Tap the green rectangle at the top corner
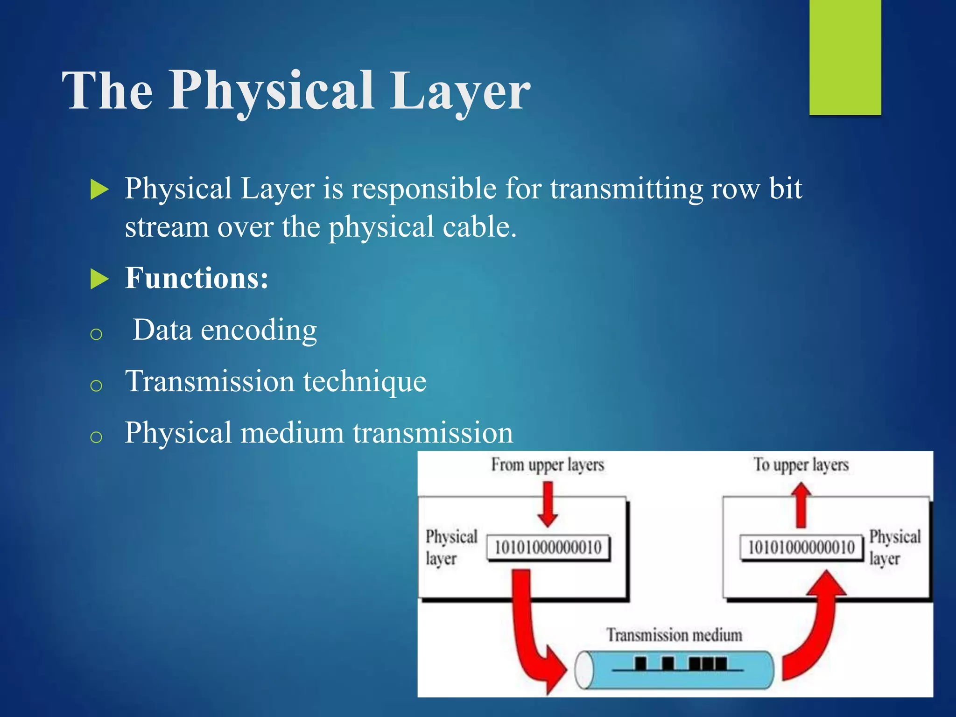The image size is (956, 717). [845, 56]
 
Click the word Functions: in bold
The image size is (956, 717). [197, 279]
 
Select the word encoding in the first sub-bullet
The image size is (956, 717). [259, 330]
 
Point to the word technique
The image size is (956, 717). [365, 382]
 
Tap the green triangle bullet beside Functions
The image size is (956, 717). [99, 279]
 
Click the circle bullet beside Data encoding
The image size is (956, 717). [96, 334]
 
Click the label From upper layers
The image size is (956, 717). [547, 465]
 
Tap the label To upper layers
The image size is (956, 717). [801, 465]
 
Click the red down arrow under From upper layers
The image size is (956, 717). [548, 504]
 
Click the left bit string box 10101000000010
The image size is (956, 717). [548, 548]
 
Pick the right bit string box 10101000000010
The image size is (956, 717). [801, 548]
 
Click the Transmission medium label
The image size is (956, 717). [674, 635]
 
